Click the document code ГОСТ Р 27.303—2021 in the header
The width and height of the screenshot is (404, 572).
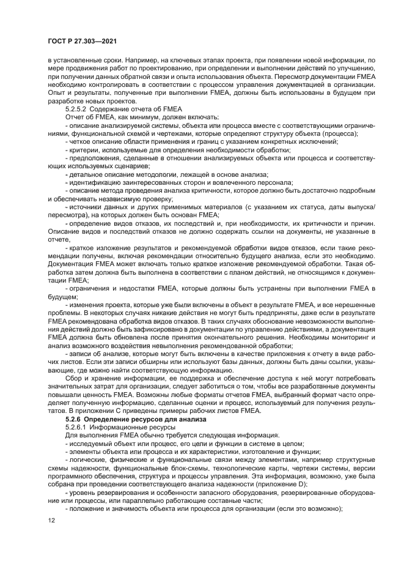82,41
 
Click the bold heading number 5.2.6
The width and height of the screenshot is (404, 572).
76,419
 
